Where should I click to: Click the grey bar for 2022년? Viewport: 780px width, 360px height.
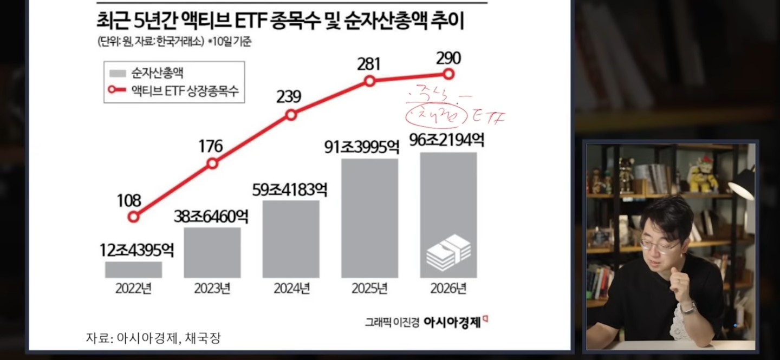[133, 270]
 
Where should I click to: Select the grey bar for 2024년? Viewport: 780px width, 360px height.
[291, 239]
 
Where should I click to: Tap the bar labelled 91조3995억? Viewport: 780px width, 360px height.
[370, 218]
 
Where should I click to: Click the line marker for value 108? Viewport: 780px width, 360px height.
[133, 217]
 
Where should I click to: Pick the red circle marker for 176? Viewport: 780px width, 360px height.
[212, 163]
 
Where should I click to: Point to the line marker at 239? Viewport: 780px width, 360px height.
[291, 115]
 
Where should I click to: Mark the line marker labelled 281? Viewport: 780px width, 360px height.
[369, 81]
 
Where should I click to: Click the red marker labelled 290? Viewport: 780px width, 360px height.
[448, 74]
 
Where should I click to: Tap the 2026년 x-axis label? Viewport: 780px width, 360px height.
[448, 288]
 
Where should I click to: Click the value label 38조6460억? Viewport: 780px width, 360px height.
[211, 217]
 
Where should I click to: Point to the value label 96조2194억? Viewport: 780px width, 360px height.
[448, 140]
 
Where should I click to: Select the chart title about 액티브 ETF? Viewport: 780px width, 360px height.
[281, 23]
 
